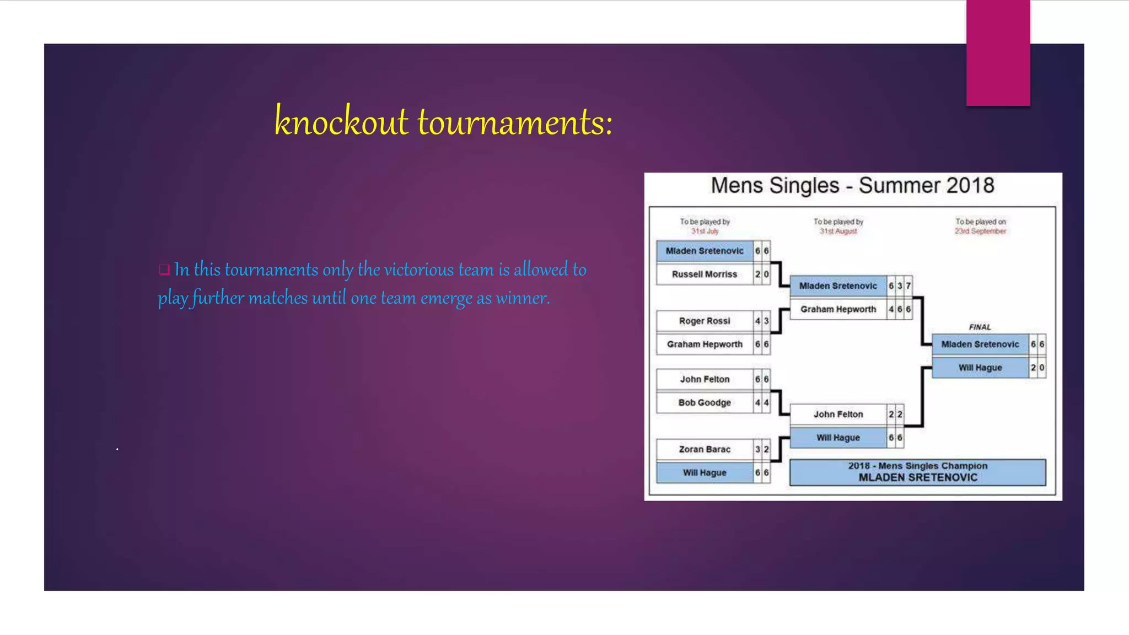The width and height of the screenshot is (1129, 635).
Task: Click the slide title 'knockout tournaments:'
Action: click(443, 122)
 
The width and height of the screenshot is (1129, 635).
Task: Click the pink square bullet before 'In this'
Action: click(164, 270)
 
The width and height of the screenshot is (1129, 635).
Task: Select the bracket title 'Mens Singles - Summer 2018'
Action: click(852, 186)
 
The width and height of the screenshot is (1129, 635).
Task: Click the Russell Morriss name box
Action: click(704, 274)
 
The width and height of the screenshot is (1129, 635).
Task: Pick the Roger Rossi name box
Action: click(704, 321)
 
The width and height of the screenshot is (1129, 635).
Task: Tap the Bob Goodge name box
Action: click(704, 402)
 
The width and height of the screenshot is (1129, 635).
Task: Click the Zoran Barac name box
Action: click(704, 449)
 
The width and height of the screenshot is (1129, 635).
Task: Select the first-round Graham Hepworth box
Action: click(704, 344)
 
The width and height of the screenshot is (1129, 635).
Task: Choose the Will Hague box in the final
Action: click(980, 368)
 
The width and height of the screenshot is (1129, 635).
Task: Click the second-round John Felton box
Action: click(838, 414)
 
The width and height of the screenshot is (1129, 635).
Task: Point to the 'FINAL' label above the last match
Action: click(980, 327)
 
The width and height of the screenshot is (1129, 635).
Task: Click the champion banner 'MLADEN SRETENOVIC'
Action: click(917, 477)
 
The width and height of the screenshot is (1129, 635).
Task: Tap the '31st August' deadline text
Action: click(838, 232)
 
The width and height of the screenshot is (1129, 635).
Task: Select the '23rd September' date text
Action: click(980, 232)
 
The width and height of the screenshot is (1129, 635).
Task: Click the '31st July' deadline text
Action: click(705, 232)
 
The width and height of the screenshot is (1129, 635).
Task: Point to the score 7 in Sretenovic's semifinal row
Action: click(908, 286)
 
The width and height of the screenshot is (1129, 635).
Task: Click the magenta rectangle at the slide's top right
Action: click(998, 52)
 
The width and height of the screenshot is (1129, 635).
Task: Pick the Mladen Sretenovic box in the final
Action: click(980, 344)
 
